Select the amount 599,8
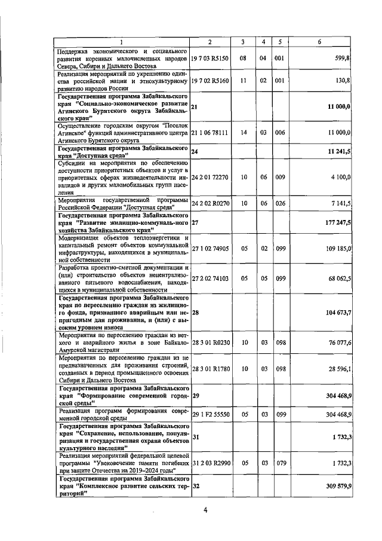(342, 60)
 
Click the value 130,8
(343, 80)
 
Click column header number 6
(320, 41)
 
